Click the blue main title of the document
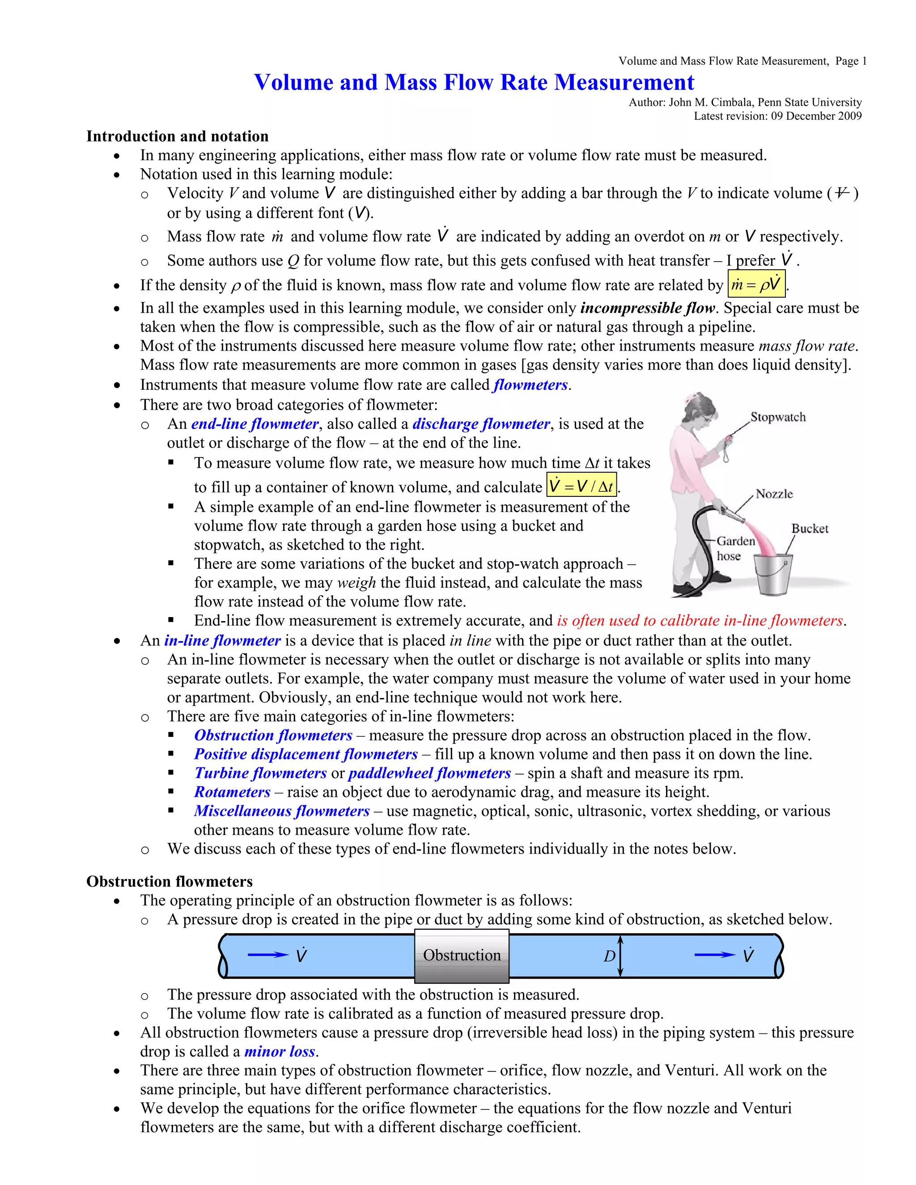(x=474, y=82)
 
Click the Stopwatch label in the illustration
(x=778, y=417)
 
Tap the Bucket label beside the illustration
(x=809, y=529)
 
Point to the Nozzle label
(x=774, y=494)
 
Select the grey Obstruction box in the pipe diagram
(x=462, y=956)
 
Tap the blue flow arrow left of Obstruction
(x=268, y=955)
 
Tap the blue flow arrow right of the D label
(x=715, y=955)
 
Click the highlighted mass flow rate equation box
(x=756, y=285)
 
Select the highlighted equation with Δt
(x=581, y=486)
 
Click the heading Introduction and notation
(x=178, y=136)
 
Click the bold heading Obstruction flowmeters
(x=170, y=881)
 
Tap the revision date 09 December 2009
(x=816, y=115)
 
